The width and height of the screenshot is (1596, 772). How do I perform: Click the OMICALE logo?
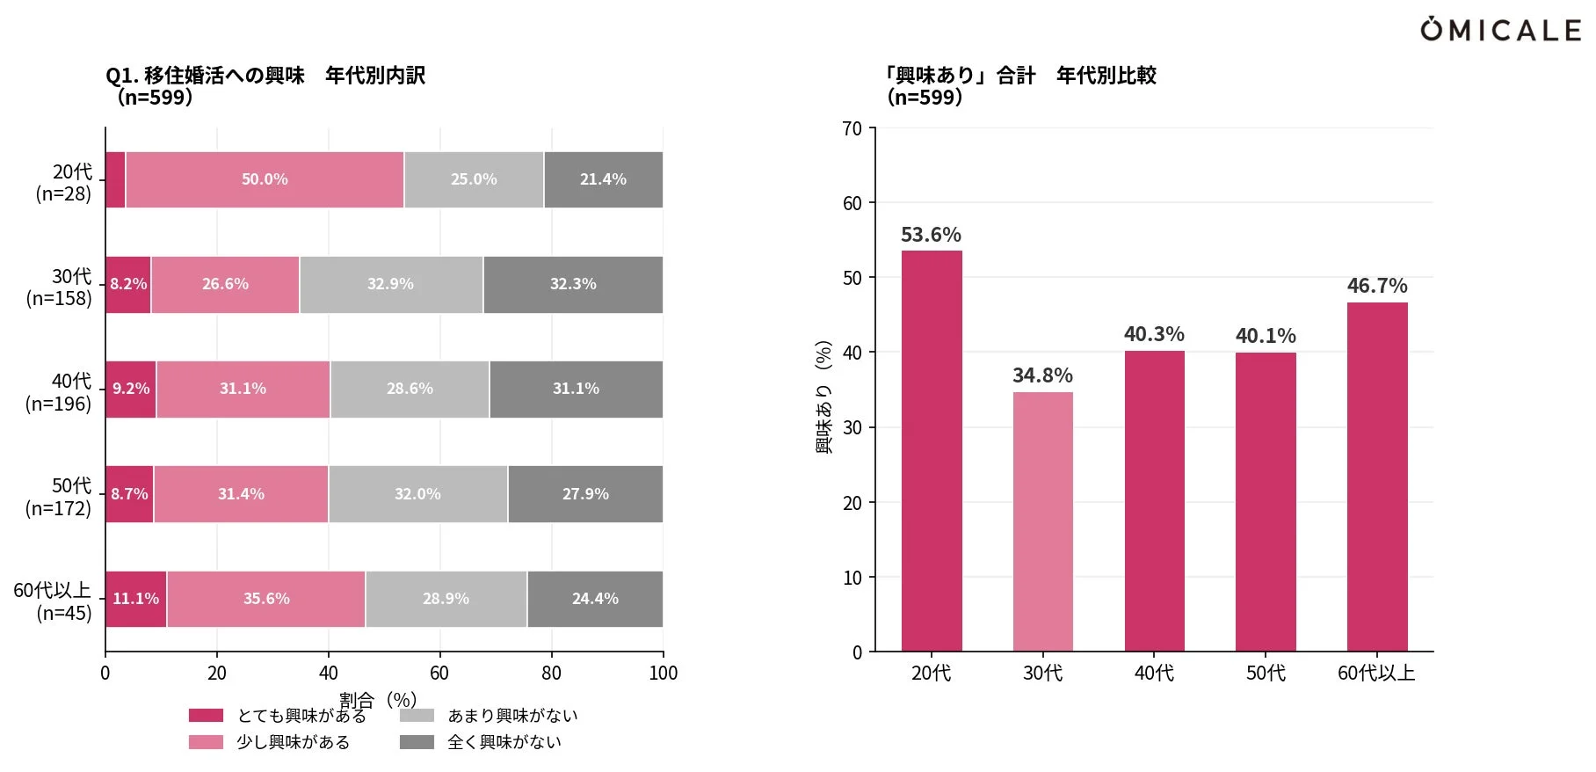1500,30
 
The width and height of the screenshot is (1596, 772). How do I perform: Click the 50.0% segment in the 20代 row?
265,179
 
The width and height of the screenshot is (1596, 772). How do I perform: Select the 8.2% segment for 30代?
128,284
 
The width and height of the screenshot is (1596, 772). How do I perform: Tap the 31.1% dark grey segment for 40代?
576,389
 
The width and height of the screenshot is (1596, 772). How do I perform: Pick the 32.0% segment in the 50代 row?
417,494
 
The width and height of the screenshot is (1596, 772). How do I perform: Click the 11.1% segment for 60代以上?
135,599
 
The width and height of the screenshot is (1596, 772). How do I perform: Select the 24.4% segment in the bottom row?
595,599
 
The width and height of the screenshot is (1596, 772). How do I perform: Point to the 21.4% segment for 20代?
603,179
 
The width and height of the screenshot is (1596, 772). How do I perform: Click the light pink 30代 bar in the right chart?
1042,521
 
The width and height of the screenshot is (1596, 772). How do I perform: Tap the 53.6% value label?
931,235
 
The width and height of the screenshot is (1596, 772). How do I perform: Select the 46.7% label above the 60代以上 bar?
1377,286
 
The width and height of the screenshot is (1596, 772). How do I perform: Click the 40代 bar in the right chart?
1154,501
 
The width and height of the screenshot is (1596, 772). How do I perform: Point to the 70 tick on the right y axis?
852,128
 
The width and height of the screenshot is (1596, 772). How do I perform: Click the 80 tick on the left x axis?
551,674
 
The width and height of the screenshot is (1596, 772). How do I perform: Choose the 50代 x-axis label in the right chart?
1266,674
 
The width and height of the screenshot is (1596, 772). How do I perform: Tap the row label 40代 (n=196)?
59,392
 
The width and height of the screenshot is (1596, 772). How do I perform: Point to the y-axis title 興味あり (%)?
823,396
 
